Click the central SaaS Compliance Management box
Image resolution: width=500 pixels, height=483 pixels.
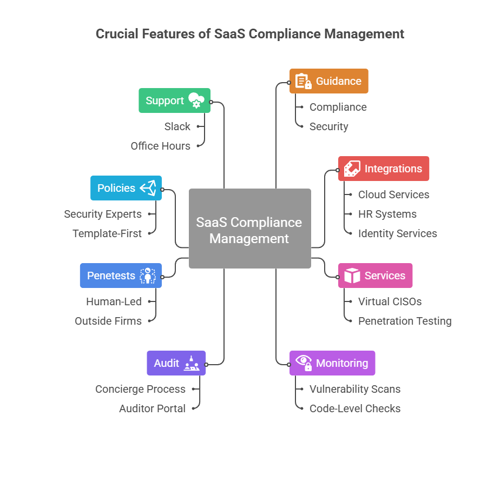[x=249, y=229]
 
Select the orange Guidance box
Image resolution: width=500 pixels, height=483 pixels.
[x=328, y=81]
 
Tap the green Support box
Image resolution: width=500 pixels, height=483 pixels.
[x=174, y=100]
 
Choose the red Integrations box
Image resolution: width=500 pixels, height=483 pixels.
[x=383, y=169]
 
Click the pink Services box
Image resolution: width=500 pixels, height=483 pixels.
[x=375, y=276]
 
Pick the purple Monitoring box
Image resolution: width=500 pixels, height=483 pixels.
[x=332, y=363]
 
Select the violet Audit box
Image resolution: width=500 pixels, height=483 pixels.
[x=176, y=363]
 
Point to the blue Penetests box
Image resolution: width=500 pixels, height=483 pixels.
[x=121, y=276]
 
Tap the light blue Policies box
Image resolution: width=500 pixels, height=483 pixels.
[x=126, y=188]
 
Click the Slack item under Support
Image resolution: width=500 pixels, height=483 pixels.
[x=177, y=126]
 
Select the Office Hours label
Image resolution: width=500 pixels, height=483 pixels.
[x=160, y=146]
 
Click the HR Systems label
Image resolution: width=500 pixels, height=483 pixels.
[x=387, y=214]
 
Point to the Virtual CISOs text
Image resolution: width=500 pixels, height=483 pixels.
[x=390, y=301]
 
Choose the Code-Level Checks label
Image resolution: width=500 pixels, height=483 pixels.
[x=355, y=408]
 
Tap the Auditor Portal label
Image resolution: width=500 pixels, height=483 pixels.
[x=152, y=408]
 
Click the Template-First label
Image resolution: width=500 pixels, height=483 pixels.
[x=107, y=233]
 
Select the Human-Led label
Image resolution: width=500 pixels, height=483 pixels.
[x=114, y=301]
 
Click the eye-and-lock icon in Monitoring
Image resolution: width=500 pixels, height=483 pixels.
[x=304, y=363]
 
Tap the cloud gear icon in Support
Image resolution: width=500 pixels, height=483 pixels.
[x=196, y=100]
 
